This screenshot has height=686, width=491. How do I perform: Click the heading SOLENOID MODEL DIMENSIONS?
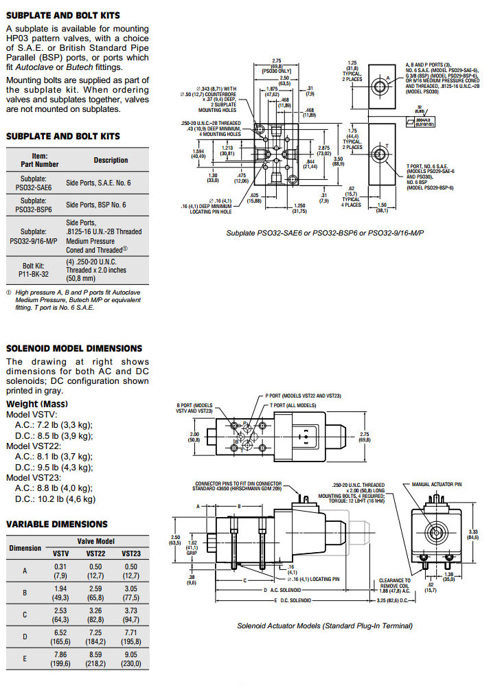coord(74,348)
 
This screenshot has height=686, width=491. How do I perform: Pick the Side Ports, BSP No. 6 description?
coord(98,205)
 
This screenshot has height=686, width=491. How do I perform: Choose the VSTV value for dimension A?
coord(60,571)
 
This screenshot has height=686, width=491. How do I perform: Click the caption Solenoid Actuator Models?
coord(324,626)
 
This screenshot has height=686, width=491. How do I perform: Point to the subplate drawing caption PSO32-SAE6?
coord(325,233)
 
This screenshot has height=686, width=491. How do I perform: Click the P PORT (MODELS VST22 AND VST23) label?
coord(304,396)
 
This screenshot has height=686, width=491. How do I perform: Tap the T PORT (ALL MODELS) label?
coord(297,405)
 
